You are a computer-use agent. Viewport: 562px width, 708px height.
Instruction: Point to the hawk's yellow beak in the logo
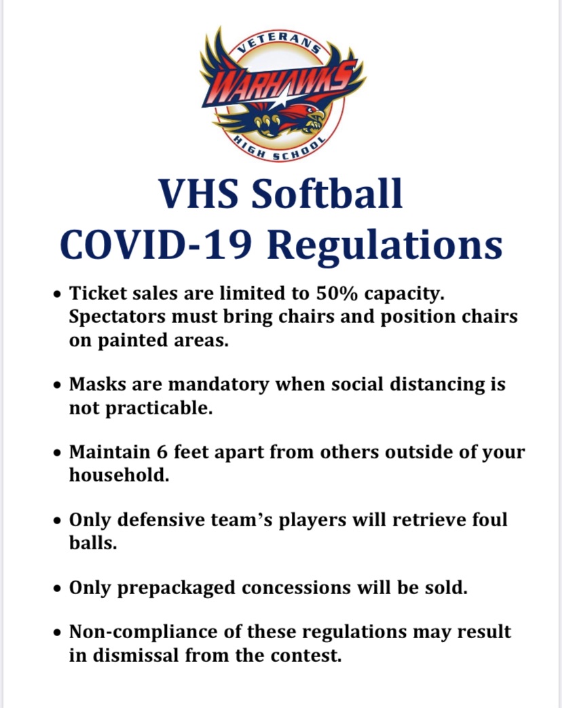coord(314,125)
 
